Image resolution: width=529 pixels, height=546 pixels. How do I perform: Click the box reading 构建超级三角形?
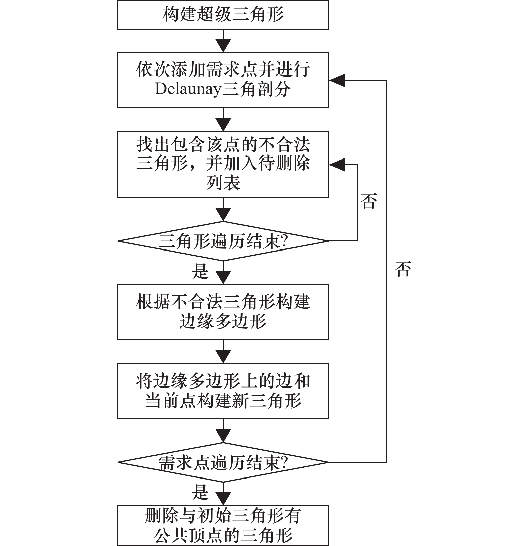point(223,15)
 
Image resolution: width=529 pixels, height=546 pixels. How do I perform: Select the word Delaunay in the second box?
point(188,89)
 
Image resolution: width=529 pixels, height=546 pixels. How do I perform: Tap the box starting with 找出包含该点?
point(223,164)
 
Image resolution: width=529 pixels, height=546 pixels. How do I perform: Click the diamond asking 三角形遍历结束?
point(223,241)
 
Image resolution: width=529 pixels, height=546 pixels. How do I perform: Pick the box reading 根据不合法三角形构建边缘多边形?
point(223,312)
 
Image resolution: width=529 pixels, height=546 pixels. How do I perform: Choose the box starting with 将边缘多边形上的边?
point(223,391)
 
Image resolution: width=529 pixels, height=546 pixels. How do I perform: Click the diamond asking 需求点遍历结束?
point(223,462)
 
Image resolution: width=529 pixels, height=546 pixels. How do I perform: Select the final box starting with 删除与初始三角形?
point(223,525)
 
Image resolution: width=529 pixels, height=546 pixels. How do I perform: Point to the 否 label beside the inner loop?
point(369,201)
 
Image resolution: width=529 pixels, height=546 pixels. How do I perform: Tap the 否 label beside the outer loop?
point(403,269)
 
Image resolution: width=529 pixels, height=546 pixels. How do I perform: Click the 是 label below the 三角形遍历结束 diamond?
point(200,271)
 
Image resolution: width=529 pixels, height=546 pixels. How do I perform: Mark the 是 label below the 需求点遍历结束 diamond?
point(200,492)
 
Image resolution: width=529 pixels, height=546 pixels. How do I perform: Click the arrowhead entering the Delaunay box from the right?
point(337,80)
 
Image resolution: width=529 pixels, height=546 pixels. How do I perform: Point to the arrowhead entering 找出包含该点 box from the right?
point(337,165)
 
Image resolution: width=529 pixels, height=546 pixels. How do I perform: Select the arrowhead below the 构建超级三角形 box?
point(223,46)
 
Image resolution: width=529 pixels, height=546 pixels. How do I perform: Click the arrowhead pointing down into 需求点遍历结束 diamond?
point(223,436)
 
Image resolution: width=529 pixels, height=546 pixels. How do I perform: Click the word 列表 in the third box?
point(223,183)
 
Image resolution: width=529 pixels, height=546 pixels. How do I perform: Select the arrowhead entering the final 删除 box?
point(223,499)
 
